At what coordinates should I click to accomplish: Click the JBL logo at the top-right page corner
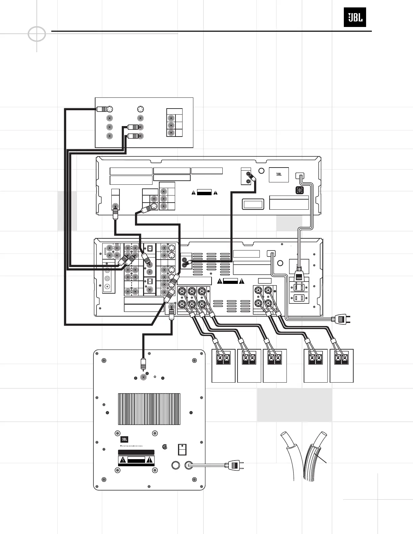[x=355, y=17]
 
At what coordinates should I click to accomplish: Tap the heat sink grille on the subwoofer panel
[x=149, y=409]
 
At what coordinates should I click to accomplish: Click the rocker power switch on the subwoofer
[x=182, y=450]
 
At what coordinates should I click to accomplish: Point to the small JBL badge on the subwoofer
[x=124, y=439]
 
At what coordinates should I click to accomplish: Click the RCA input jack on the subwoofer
[x=144, y=377]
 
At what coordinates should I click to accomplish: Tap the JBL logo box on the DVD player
[x=279, y=175]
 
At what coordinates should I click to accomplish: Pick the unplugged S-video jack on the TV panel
[x=141, y=109]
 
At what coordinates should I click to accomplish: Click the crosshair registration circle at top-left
[x=36, y=34]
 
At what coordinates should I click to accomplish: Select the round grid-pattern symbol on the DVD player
[x=299, y=190]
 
